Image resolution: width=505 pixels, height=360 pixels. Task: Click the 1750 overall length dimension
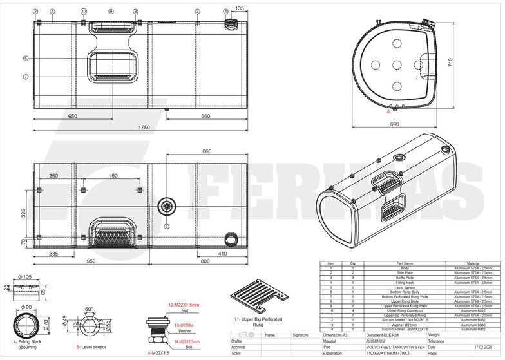tap(143, 128)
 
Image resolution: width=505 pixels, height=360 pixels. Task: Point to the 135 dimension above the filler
tap(239, 8)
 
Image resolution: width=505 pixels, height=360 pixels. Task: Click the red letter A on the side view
tap(388, 111)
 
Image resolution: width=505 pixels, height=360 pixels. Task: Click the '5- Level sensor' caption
tap(90, 346)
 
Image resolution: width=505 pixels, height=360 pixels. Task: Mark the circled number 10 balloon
tap(84, 12)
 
